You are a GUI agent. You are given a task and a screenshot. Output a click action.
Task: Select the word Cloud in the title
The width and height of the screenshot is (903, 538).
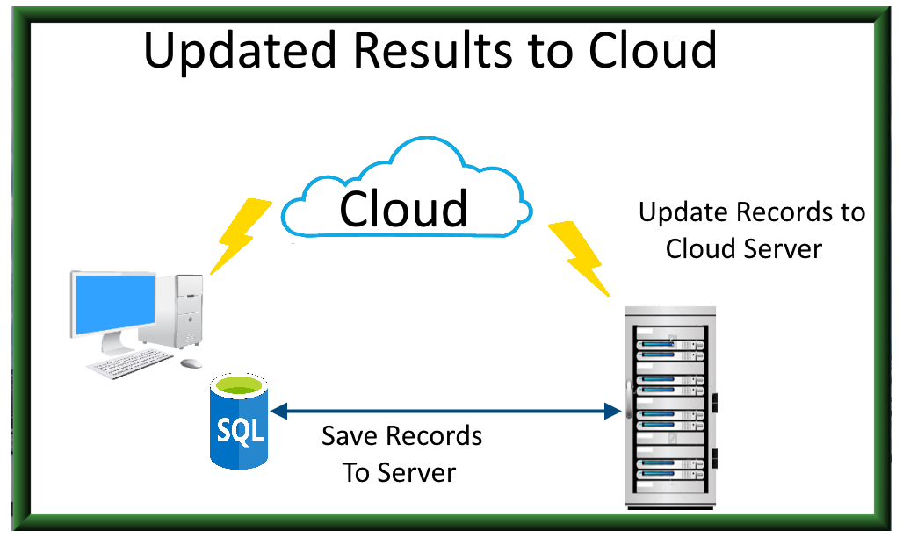(652, 50)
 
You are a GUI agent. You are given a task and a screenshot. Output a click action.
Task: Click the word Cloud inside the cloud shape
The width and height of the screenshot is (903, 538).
(403, 209)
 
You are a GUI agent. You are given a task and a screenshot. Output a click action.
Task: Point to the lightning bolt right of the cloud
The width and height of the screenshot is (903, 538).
(579, 257)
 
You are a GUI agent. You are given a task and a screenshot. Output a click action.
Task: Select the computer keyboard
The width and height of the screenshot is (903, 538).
(129, 362)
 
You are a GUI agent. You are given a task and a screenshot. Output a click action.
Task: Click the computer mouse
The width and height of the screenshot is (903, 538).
(190, 362)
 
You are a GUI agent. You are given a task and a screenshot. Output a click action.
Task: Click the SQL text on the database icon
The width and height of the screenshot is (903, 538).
(239, 431)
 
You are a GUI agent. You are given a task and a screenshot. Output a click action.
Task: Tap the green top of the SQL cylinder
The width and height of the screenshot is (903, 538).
(239, 387)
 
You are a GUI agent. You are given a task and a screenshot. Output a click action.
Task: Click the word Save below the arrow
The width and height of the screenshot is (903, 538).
(350, 436)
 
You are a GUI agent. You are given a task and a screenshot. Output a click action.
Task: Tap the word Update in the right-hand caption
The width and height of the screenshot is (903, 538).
(683, 212)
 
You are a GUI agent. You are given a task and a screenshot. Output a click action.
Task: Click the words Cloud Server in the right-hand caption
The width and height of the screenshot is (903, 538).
(743, 248)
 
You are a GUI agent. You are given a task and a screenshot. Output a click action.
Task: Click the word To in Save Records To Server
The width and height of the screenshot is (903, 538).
(356, 472)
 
